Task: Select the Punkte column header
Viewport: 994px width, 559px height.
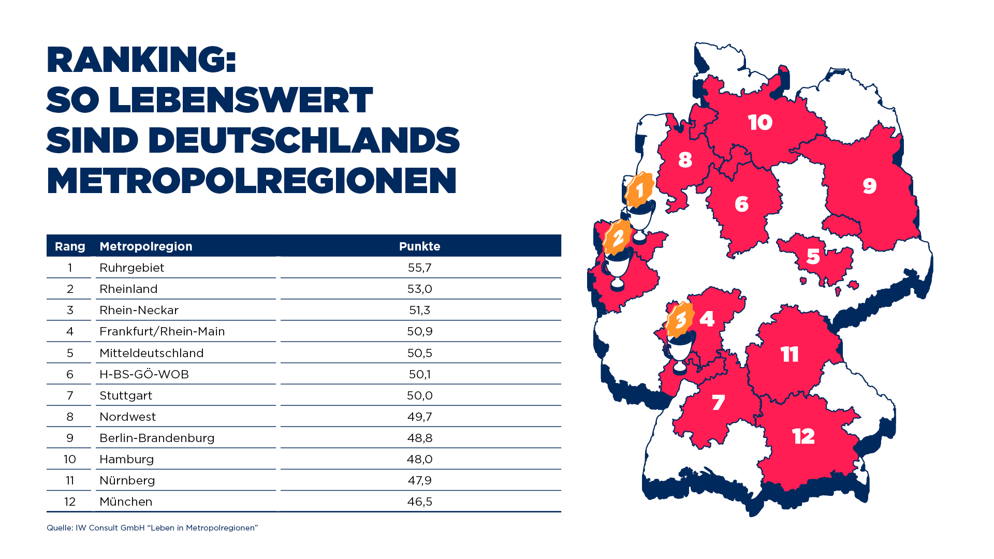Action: (419, 246)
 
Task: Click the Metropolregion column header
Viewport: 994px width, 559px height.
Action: (145, 246)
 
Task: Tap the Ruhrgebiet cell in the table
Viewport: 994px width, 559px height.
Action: (131, 268)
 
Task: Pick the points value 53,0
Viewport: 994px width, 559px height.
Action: (419, 289)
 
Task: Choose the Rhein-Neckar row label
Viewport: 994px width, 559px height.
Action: (139, 310)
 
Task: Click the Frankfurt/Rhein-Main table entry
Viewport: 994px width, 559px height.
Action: (162, 331)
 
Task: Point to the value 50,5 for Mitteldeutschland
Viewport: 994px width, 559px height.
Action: (419, 353)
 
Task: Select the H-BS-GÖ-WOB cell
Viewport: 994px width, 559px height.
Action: (144, 374)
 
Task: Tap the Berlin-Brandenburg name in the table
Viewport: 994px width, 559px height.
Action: (157, 438)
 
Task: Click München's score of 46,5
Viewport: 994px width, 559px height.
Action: (419, 502)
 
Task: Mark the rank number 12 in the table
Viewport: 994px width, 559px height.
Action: (70, 502)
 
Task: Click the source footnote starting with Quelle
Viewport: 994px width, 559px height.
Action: (152, 528)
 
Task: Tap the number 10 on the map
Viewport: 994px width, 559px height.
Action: (760, 123)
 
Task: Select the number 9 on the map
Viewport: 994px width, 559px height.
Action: (869, 186)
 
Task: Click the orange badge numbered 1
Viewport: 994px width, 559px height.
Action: (640, 189)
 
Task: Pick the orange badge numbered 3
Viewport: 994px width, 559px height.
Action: (680, 319)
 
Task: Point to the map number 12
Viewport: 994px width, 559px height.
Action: (803, 436)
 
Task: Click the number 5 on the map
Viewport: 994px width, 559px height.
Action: (813, 256)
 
